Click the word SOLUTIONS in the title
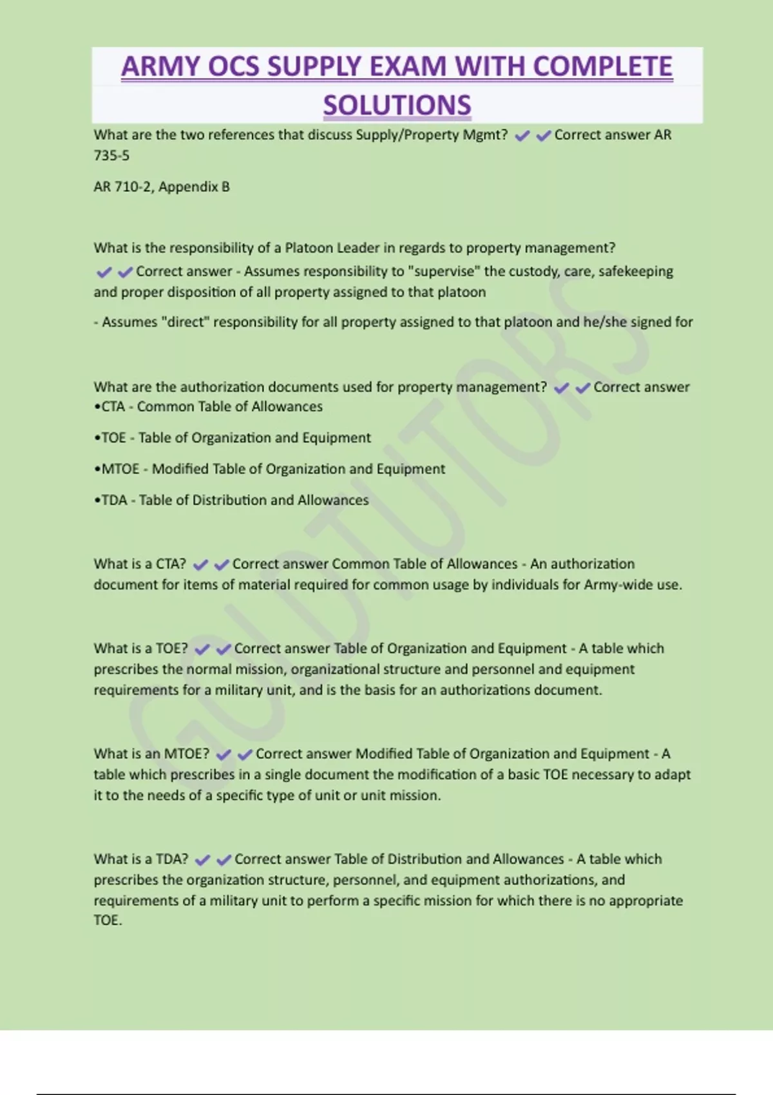397,105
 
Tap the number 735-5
111,155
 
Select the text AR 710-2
122,187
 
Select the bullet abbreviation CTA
113,406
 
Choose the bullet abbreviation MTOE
120,469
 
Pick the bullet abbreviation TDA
114,500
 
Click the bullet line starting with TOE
233,438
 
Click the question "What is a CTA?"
140,564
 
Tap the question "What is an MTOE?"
151,754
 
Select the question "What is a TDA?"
141,859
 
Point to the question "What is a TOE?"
141,649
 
